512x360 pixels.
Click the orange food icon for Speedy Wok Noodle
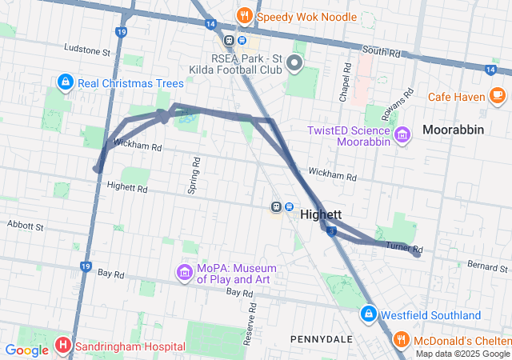tap(244, 15)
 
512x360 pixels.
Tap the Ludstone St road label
tap(86, 51)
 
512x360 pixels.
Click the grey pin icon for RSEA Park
tap(294, 62)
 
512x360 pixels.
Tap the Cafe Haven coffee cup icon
tap(498, 96)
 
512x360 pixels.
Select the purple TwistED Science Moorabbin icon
tap(402, 133)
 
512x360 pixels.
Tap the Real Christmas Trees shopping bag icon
tap(65, 82)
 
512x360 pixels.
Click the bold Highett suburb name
tap(321, 214)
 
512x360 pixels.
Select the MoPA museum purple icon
tap(185, 274)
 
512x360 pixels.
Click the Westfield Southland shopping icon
tap(368, 315)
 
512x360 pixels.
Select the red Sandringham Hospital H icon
tap(63, 346)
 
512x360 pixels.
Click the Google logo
tap(26, 350)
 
